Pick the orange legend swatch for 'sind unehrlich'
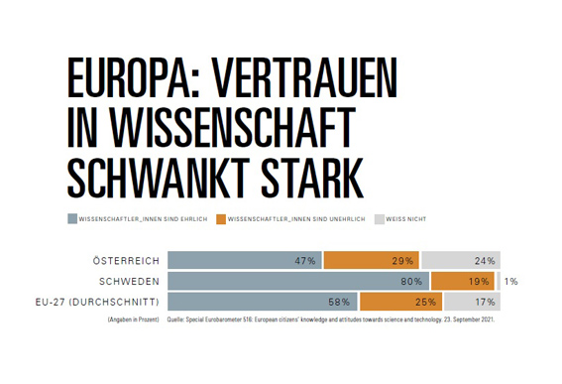click(x=221, y=217)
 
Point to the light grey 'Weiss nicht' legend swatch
click(x=379, y=217)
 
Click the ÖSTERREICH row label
click(x=125, y=260)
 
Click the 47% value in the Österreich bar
click(x=305, y=261)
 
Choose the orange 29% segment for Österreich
click(x=377, y=260)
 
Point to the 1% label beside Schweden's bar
click(x=510, y=281)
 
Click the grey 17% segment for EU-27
click(x=466, y=301)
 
